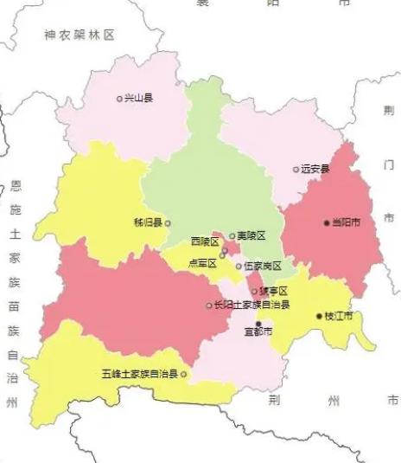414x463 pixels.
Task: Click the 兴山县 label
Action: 139,99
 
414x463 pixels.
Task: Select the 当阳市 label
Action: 347,222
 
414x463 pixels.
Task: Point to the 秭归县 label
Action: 148,222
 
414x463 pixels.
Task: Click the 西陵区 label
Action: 205,241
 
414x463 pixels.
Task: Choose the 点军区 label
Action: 202,263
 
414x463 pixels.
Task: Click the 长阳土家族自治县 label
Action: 251,305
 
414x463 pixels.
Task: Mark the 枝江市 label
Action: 339,317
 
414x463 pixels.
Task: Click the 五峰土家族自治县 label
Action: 139,375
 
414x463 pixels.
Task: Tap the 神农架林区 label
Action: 80,35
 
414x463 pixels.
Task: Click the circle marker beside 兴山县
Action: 120,99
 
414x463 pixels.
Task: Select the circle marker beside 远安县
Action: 296,169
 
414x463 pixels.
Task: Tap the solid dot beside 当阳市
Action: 327,222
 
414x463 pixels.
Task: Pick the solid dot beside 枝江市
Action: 319,317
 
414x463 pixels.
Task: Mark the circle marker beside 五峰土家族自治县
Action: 183,375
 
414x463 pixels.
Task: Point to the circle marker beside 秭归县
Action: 168,222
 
